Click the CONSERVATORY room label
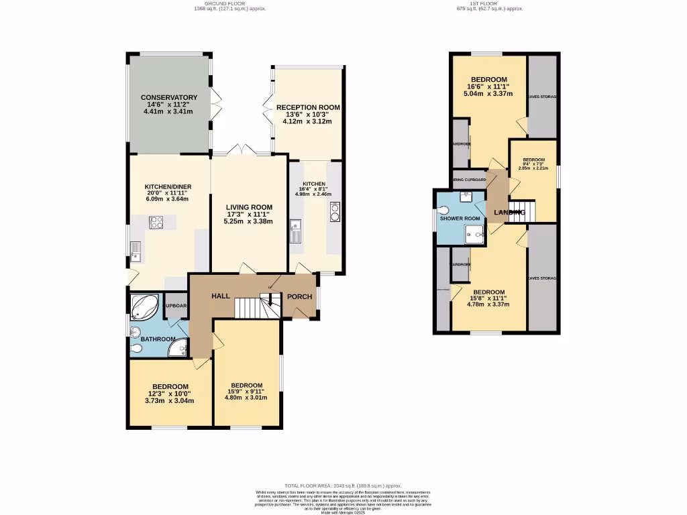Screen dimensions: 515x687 point(169,97)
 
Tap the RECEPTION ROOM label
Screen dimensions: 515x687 point(308,107)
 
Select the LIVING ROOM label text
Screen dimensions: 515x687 point(249,207)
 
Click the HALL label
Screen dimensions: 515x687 point(221,296)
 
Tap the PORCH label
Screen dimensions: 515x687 point(300,297)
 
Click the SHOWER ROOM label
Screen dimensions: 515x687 point(460,219)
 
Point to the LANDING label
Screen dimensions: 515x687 point(509,213)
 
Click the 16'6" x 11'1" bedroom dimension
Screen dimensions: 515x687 point(489,87)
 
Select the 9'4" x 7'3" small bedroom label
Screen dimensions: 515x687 point(533,164)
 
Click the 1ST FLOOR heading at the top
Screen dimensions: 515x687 point(489,4)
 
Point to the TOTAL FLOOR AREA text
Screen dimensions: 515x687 point(343,485)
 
